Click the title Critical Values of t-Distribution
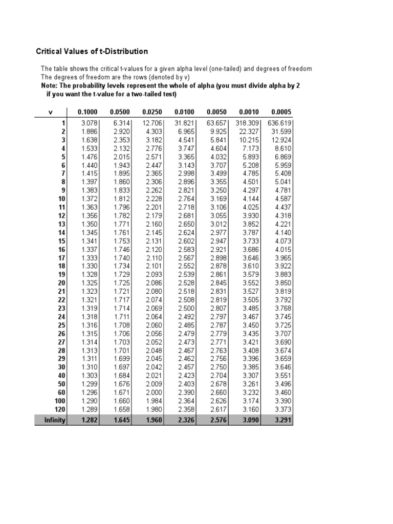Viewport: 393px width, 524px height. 92,51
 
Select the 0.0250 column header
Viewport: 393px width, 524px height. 152,112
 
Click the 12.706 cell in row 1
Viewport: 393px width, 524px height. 152,123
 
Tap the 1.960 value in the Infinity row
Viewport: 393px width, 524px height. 154,421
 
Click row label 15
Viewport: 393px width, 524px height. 61,241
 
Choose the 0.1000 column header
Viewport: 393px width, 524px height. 88,112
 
